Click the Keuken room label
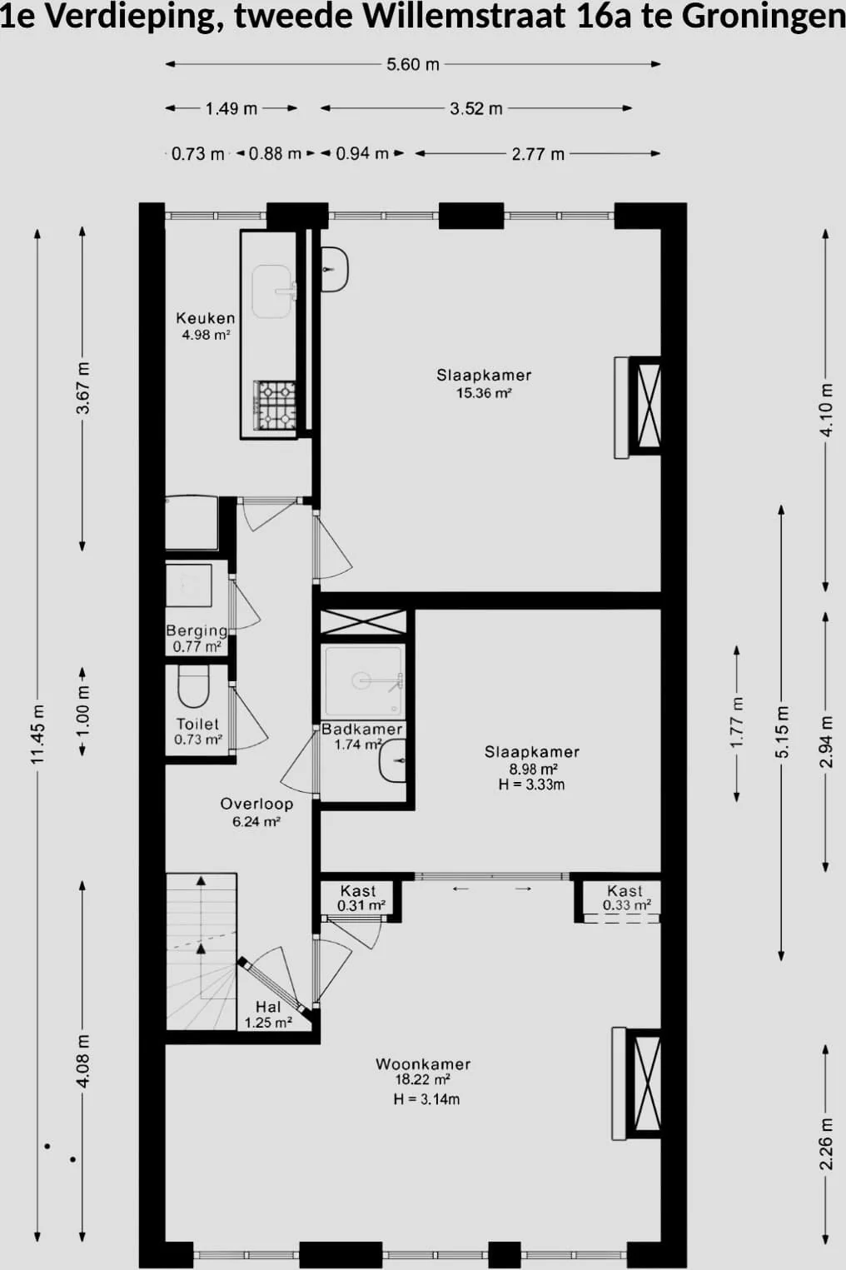coord(206,318)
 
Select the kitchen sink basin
coord(273,291)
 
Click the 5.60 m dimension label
coord(413,65)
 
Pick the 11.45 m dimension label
coord(37,735)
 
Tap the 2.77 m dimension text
coord(538,154)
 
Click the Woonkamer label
coord(423,1064)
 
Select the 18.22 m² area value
coord(423,1079)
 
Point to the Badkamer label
coord(361,730)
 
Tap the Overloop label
coord(256,804)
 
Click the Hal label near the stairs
coord(268,1007)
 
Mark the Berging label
coord(197,630)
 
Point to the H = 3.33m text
coord(531,784)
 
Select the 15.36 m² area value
coord(485,392)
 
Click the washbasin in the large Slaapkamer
coord(335,269)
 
